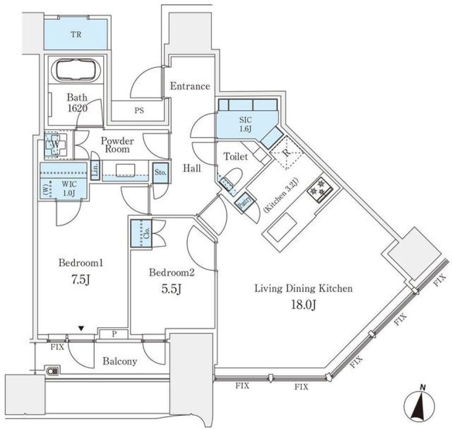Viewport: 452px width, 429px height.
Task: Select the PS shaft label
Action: [x=139, y=111]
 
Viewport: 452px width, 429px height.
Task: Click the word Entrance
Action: [x=190, y=86]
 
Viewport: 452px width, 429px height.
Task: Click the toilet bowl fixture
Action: [x=231, y=180]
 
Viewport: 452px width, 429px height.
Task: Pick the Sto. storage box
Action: [x=160, y=172]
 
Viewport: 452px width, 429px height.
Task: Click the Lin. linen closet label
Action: [x=95, y=169]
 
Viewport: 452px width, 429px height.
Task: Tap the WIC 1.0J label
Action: [x=69, y=189]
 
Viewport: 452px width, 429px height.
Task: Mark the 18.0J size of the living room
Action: [x=303, y=305]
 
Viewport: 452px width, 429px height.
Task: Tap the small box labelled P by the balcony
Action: [x=113, y=334]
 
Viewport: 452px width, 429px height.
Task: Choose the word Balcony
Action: [x=120, y=362]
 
